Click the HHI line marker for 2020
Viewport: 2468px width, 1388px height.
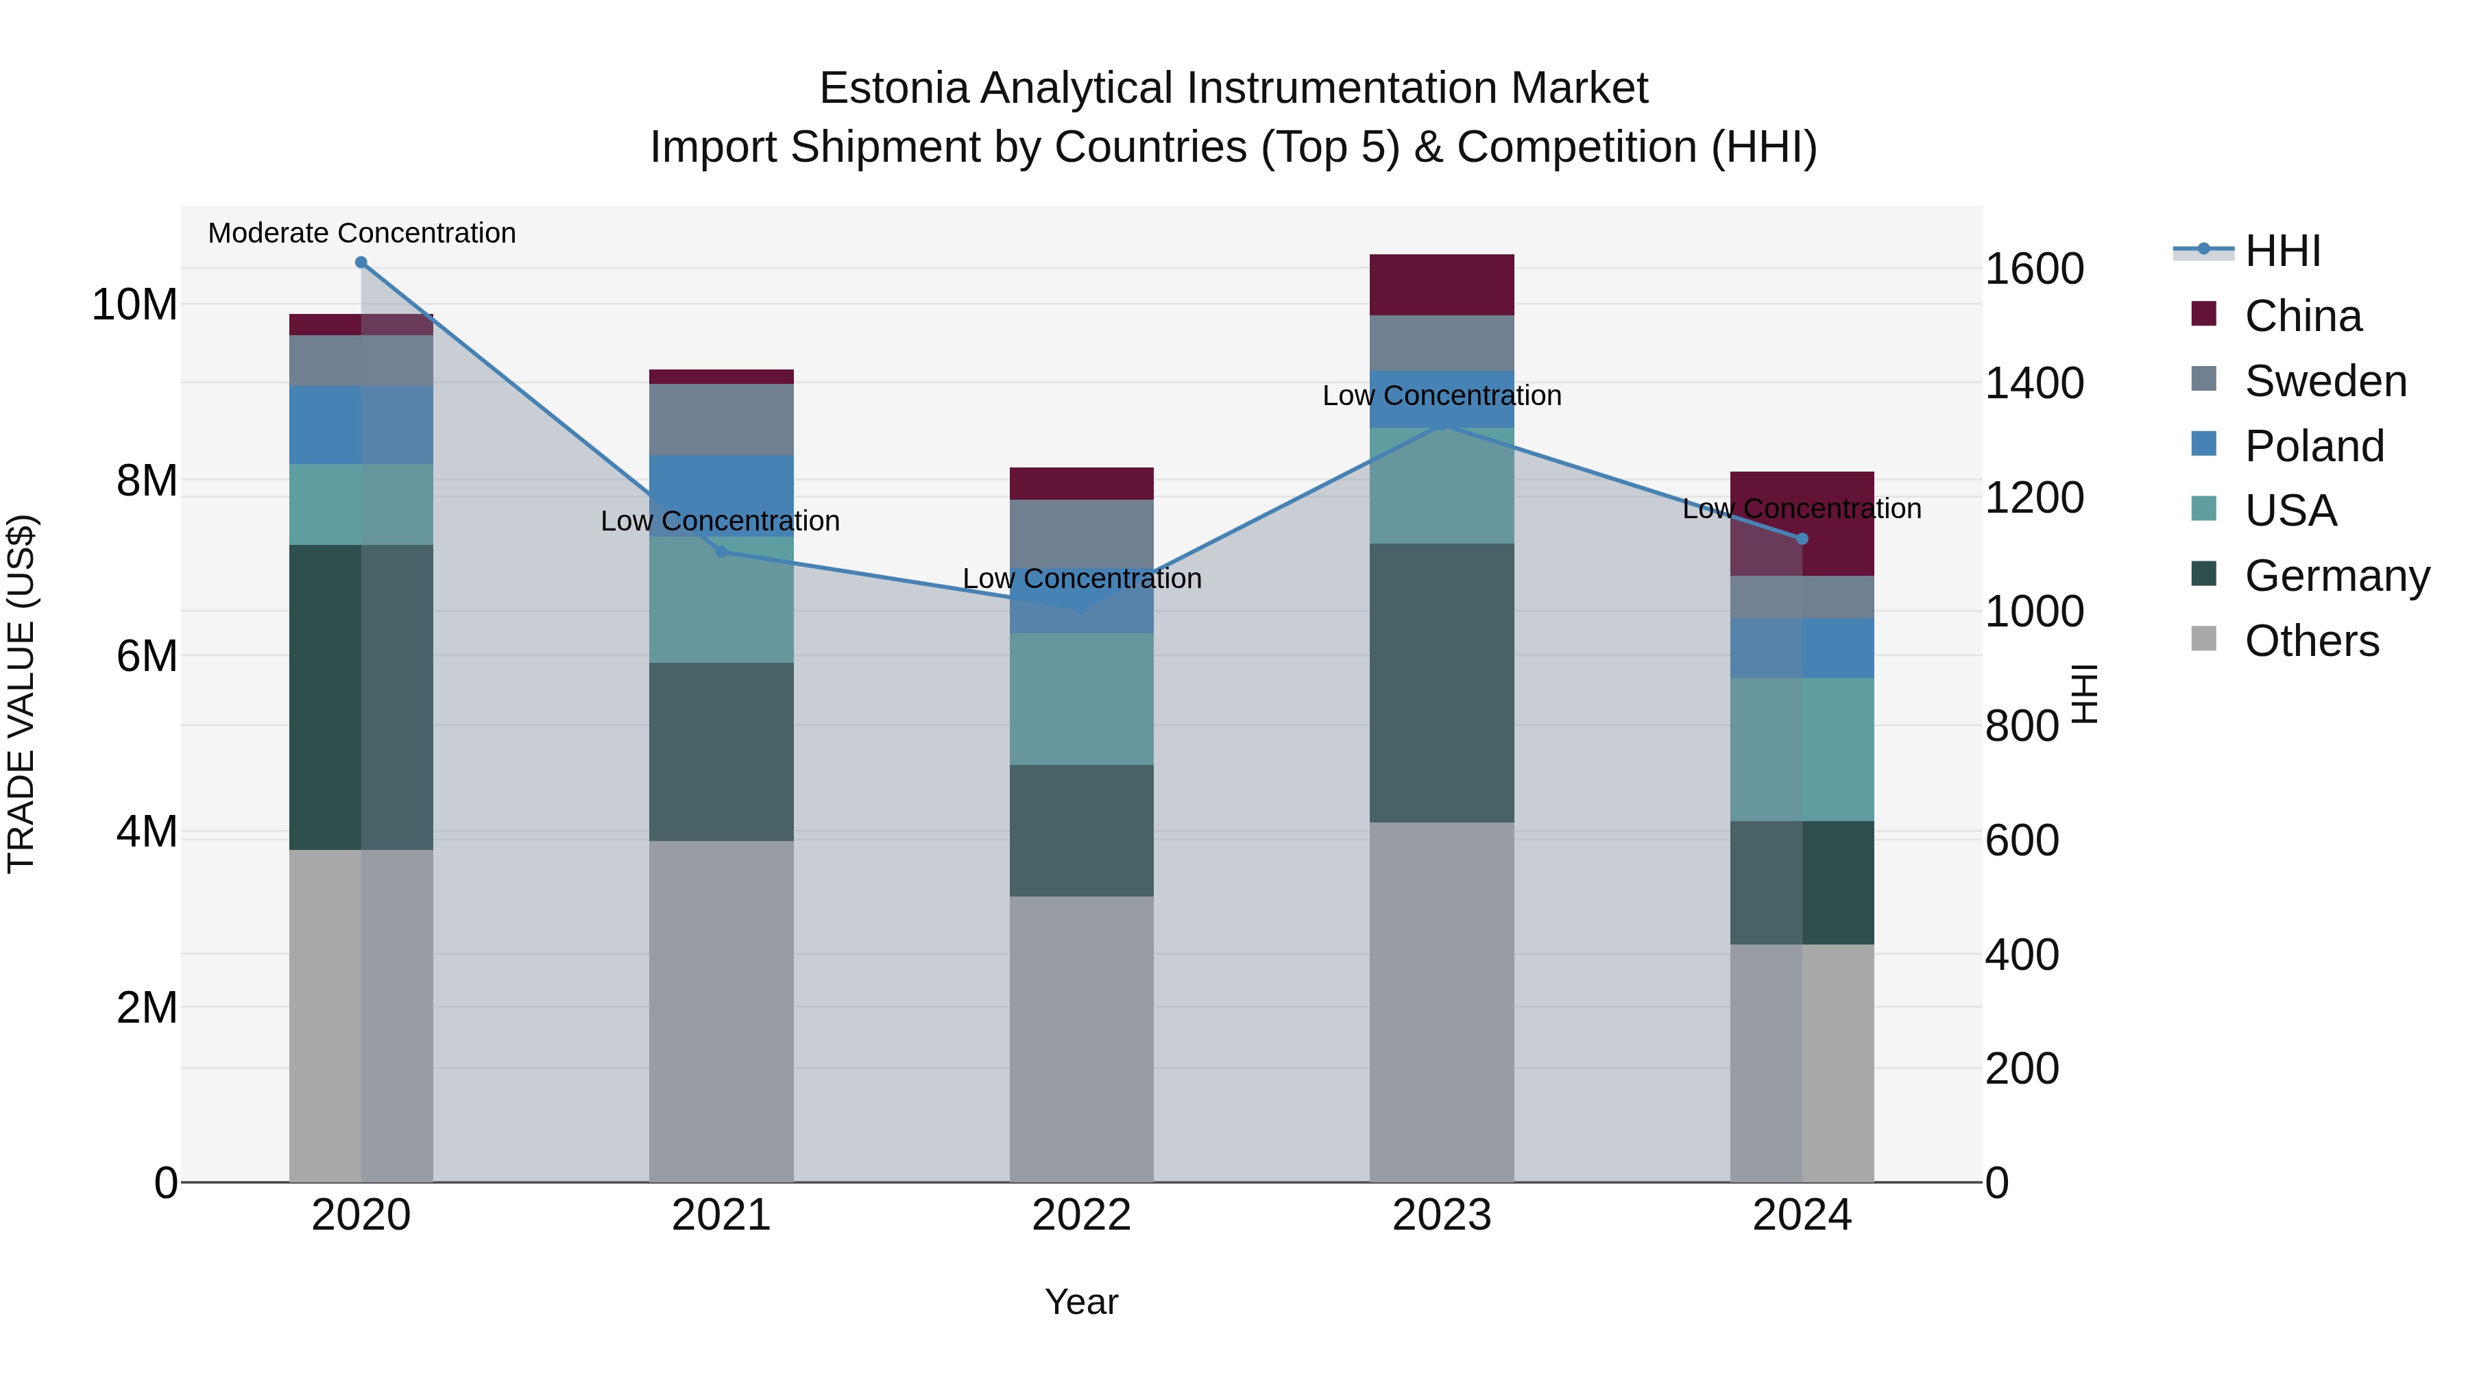361,263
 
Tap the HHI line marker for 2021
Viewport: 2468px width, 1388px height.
721,552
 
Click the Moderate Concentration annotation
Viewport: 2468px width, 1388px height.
361,234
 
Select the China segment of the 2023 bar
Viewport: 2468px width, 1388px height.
1441,284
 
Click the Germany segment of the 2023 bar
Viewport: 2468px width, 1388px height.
1441,682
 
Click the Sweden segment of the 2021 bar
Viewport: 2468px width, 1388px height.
721,419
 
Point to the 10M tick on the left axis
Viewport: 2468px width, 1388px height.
134,304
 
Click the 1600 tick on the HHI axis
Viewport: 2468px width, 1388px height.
2034,269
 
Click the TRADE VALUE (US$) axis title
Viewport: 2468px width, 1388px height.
22,694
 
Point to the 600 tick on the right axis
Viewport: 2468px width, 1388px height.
2022,841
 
